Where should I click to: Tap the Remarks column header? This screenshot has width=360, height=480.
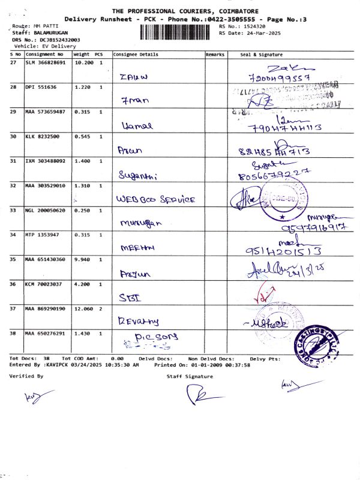pos(215,55)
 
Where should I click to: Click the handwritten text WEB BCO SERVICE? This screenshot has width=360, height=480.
pos(155,198)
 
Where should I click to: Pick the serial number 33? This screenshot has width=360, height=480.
pos(13,210)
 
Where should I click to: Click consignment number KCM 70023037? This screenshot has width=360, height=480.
pos(43,284)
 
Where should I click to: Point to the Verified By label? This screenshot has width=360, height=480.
pos(26,376)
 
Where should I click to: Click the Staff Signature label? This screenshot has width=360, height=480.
pos(190,376)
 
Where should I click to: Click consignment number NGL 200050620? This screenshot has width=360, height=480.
pos(46,210)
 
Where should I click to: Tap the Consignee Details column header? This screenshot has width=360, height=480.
pos(136,55)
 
